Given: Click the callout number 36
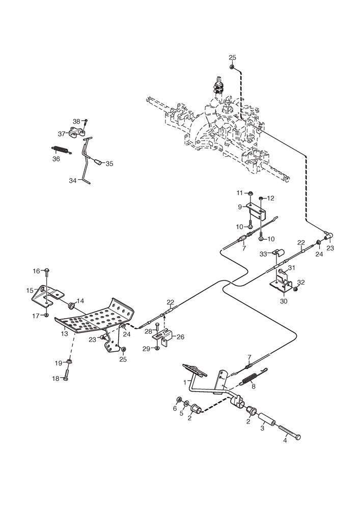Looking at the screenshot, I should click(x=56, y=159).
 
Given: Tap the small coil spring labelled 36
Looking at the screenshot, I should click(x=60, y=149).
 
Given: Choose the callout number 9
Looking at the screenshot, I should click(x=240, y=207).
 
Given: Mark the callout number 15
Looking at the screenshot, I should click(x=30, y=290).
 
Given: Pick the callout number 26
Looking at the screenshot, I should click(x=180, y=336).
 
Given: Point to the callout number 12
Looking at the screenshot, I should click(x=270, y=198).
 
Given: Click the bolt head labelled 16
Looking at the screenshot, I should click(x=46, y=270).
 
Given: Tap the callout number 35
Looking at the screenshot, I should click(x=109, y=163).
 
